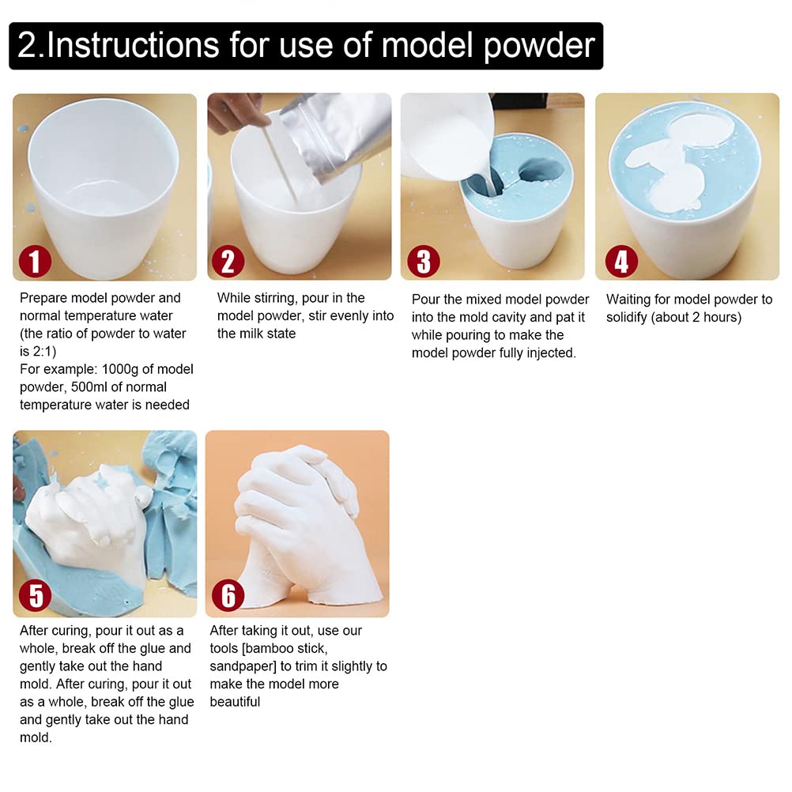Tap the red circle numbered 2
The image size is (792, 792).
tap(228, 262)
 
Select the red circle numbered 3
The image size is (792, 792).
tap(423, 262)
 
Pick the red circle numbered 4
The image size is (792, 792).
tap(620, 262)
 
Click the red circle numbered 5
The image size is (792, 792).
tap(36, 595)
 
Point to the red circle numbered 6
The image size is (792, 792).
tap(228, 595)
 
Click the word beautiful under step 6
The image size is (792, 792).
tap(235, 702)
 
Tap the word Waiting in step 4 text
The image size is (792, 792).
tap(631, 300)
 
